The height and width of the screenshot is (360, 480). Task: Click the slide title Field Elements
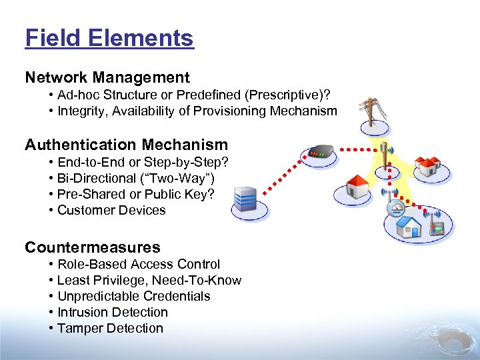click(109, 38)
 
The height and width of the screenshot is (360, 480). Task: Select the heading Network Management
click(107, 78)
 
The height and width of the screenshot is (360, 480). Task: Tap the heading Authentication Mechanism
click(126, 145)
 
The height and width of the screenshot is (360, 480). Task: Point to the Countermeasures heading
click(93, 247)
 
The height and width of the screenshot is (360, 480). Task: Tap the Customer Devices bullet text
click(111, 210)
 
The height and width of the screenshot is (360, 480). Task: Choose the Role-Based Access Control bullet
click(139, 264)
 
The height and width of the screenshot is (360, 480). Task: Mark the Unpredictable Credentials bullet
click(133, 296)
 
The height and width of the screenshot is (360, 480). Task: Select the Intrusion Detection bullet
click(113, 312)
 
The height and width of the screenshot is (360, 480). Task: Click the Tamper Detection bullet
click(110, 328)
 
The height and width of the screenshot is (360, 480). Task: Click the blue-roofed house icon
click(407, 227)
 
